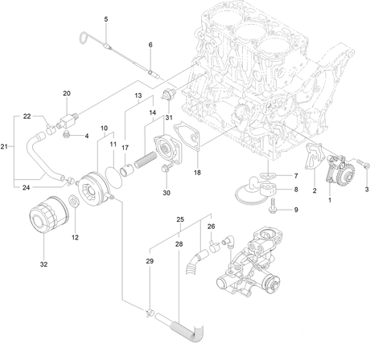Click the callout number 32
pyautogui.click(x=43, y=264)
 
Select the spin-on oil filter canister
pyautogui.click(x=48, y=215)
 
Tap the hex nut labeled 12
pyautogui.click(x=74, y=201)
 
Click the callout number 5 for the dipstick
pyautogui.click(x=106, y=19)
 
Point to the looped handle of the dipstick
pyautogui.click(x=84, y=37)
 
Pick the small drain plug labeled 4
pyautogui.click(x=66, y=135)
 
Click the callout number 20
pyautogui.click(x=67, y=93)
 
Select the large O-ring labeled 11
pyautogui.click(x=113, y=176)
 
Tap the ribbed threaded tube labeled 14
pyautogui.click(x=145, y=160)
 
